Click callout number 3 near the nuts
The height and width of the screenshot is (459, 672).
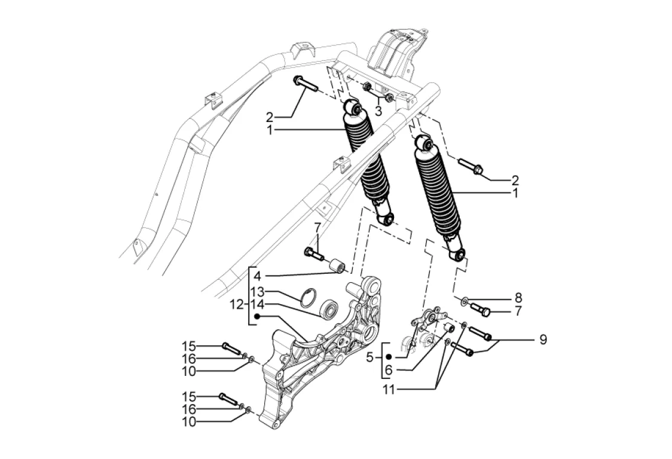tap(378, 111)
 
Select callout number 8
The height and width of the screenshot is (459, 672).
tap(518, 298)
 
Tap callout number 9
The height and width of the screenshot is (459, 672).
tap(543, 339)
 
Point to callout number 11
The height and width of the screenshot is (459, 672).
tap(390, 390)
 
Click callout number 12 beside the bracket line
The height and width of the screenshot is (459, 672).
tap(236, 305)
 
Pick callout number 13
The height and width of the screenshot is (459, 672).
tap(258, 292)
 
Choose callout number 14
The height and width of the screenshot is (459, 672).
tap(258, 305)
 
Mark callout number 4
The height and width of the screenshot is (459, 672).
tap(256, 276)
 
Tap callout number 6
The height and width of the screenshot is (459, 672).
tap(388, 369)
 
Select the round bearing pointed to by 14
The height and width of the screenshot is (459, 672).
tap(329, 308)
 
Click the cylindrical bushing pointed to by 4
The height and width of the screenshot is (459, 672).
tap(337, 265)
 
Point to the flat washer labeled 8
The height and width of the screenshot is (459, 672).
tap(465, 302)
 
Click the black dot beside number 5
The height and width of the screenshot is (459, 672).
tap(389, 357)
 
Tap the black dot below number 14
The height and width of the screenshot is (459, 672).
tap(257, 317)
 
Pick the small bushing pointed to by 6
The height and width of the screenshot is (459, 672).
tap(448, 328)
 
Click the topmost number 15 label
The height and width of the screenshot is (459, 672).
tap(188, 345)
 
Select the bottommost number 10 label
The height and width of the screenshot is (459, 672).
tap(188, 422)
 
